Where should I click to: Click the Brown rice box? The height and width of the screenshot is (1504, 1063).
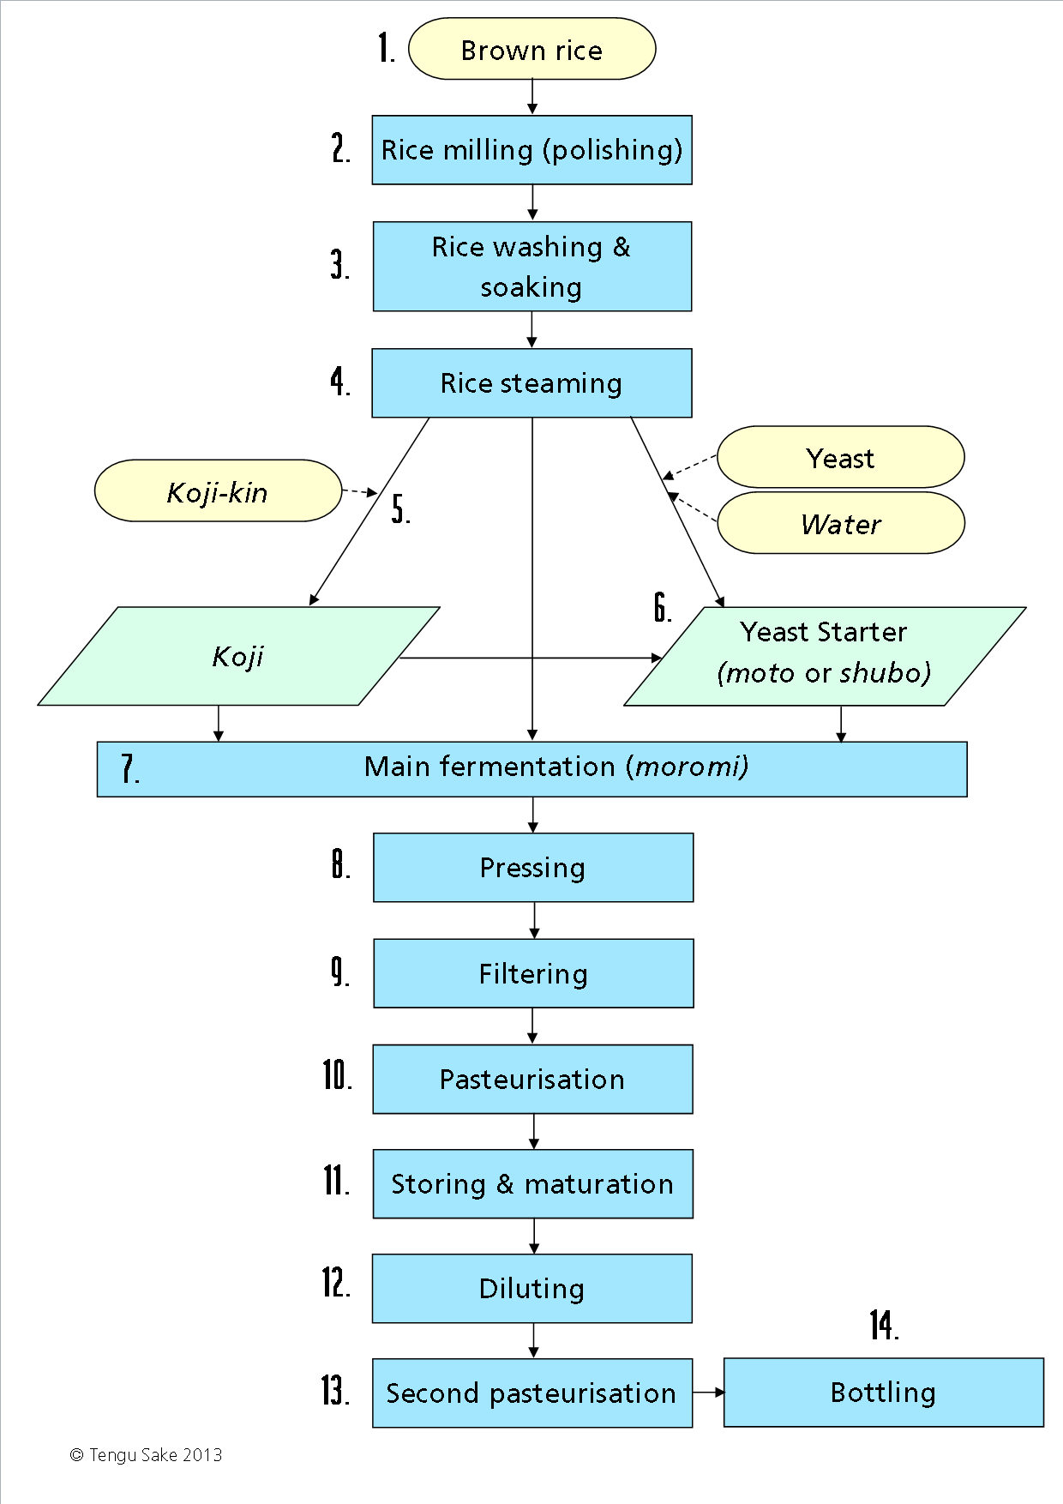point(532,49)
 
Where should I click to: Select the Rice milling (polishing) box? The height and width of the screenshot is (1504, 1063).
point(532,150)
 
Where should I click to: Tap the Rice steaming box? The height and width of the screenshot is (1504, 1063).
point(532,383)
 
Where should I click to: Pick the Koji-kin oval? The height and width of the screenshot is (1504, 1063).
point(219,491)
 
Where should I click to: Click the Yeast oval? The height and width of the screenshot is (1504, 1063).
point(841,457)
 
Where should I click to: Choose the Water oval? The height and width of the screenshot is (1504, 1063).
point(841,523)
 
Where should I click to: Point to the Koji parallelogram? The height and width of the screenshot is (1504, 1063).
point(239,657)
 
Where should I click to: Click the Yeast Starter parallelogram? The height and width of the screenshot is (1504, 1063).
point(825,657)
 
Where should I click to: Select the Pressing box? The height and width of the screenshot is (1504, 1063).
point(533,868)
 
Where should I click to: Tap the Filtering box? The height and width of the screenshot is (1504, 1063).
point(533,973)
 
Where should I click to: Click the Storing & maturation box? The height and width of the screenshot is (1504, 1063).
point(533,1184)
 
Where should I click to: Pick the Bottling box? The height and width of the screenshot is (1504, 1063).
point(884,1393)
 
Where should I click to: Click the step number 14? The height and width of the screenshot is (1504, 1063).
point(884,1325)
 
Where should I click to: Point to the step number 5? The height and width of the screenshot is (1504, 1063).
point(400,508)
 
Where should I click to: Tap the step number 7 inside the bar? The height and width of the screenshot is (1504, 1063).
point(129,769)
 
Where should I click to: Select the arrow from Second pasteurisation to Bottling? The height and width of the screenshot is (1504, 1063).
point(709,1393)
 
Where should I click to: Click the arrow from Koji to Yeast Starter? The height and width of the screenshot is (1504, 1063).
point(531,658)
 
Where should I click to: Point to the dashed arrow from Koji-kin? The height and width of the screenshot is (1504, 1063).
point(360,491)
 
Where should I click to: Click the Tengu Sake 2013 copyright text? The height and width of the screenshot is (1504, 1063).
point(147,1455)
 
